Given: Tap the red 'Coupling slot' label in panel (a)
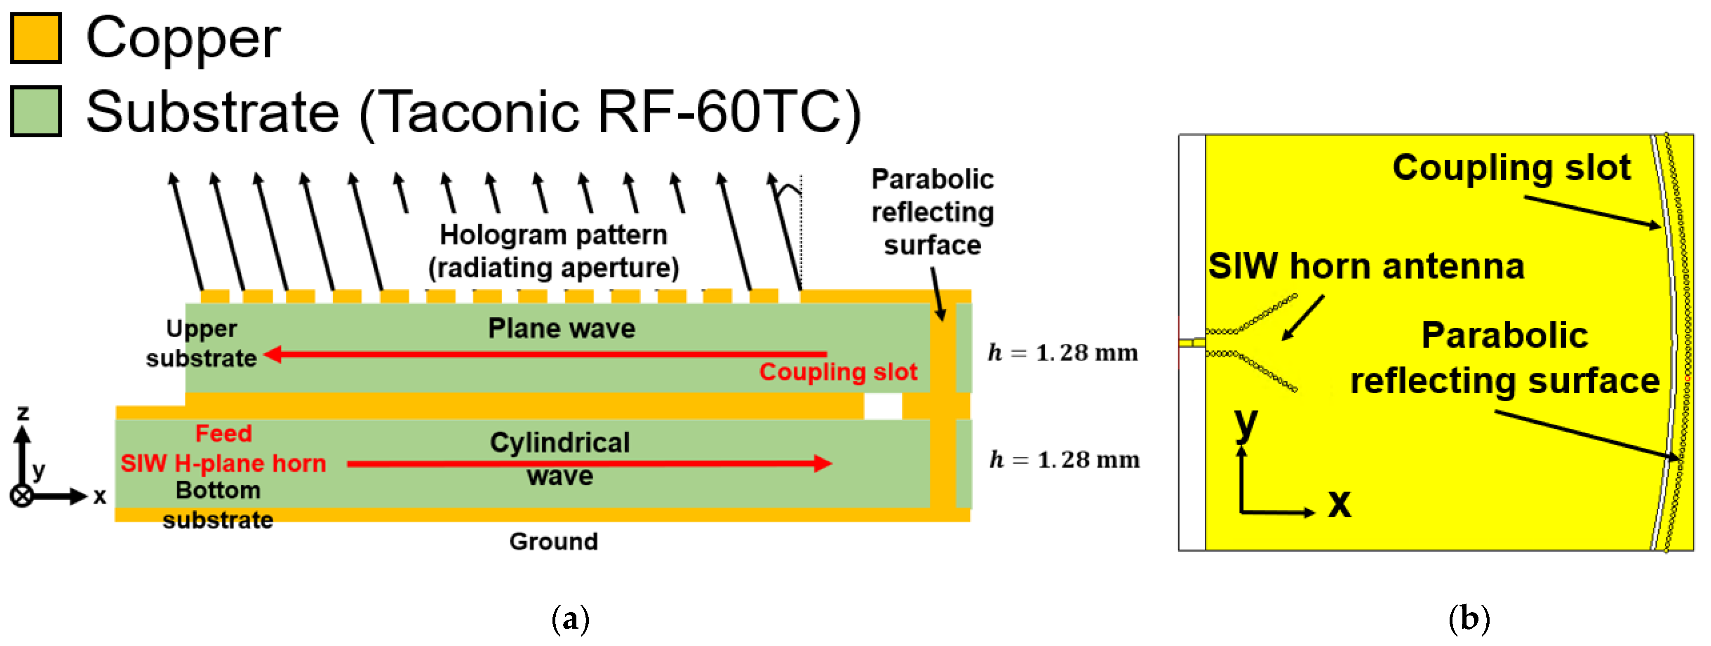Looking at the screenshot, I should pyautogui.click(x=838, y=372).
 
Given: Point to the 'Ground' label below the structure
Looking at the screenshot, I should pyautogui.click(x=553, y=542).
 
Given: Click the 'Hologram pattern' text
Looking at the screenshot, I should pyautogui.click(x=553, y=235).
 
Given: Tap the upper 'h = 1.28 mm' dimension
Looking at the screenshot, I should pyautogui.click(x=1063, y=352).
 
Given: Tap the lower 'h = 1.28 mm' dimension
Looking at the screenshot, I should pyautogui.click(x=1064, y=459).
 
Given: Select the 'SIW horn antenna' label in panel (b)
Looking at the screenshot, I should pyautogui.click(x=1366, y=266).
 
